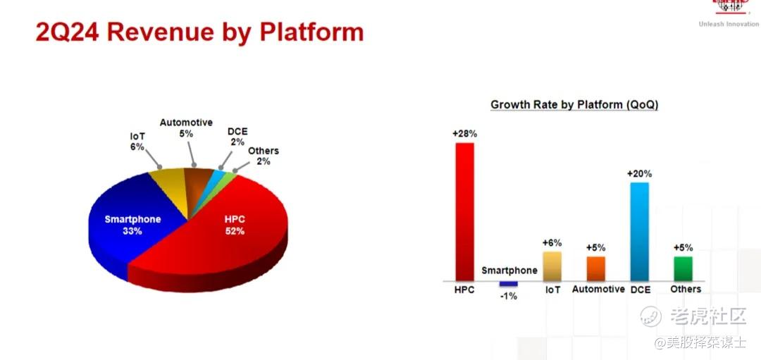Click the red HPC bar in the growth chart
pyautogui.click(x=464, y=212)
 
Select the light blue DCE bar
pyautogui.click(x=639, y=232)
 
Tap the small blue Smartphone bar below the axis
pyautogui.click(x=508, y=284)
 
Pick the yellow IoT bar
pyautogui.click(x=552, y=266)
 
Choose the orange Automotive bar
pyautogui.click(x=595, y=269)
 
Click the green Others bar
pyautogui.click(x=683, y=269)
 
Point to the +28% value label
pyautogui.click(x=464, y=134)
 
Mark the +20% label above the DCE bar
pyautogui.click(x=639, y=174)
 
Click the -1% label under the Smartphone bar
pyautogui.click(x=508, y=295)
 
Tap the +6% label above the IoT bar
pyautogui.click(x=552, y=243)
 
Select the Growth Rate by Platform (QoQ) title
pyautogui.click(x=574, y=105)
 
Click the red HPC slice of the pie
pyautogui.click(x=228, y=233)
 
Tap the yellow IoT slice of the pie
pyautogui.click(x=170, y=187)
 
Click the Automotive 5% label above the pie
pyautogui.click(x=186, y=128)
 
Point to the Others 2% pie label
pyautogui.click(x=264, y=156)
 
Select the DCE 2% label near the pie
pyautogui.click(x=237, y=137)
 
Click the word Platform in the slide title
pyautogui.click(x=311, y=32)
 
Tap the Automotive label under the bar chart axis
pyautogui.click(x=598, y=289)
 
